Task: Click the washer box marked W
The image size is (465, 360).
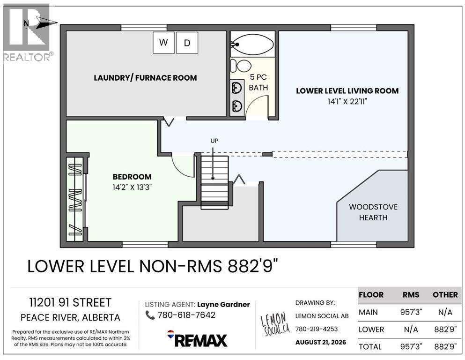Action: coord(163,43)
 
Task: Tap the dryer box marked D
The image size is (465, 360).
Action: coord(187,43)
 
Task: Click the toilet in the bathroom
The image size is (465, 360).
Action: coord(241,66)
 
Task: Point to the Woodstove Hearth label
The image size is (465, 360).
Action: coord(373,212)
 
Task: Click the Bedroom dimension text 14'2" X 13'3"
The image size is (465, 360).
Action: coord(132,187)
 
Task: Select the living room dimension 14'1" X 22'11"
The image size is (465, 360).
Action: coord(347,102)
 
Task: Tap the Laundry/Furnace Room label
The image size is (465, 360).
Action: coord(145,78)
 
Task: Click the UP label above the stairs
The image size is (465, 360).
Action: coord(214,141)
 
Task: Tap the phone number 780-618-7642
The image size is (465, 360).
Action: coord(186,315)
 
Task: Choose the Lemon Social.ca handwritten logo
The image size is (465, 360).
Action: coord(274,324)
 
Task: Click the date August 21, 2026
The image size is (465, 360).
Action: coord(321,342)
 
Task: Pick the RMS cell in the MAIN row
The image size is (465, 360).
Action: coord(411,312)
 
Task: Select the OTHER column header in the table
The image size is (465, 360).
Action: coord(445,295)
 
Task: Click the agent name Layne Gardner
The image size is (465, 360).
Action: coord(223,305)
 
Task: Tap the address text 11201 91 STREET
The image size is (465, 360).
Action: coord(70,302)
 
